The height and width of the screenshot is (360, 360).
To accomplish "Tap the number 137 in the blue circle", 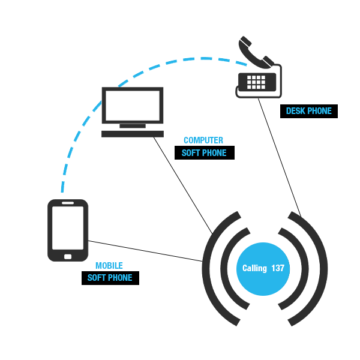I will pos(278,268).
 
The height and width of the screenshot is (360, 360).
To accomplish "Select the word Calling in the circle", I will pos(254,268).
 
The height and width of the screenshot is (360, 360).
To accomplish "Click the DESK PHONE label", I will pos(308,111).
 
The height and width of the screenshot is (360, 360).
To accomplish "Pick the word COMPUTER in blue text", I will pos(203,140).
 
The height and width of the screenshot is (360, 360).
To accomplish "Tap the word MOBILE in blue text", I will pos(109,266).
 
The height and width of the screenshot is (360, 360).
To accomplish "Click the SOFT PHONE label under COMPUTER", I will pos(204,153).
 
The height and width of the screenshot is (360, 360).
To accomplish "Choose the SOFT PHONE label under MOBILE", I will pos(110,278).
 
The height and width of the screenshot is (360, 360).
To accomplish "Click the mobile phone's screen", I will pos(68,229).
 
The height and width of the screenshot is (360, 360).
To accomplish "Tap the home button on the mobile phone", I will pos(68,256).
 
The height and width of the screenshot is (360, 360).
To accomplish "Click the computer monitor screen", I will pos(132,106).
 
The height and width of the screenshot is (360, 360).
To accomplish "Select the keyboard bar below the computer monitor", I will pos(132,133).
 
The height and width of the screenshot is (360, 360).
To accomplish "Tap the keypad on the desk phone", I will pos(257,80).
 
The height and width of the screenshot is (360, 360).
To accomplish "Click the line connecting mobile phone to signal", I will pos(144,251).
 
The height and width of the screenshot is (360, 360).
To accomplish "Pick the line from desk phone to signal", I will pos(279,156).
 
